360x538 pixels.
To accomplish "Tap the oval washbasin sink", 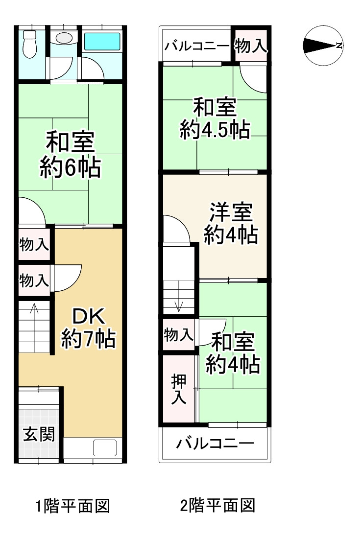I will (x=62, y=38).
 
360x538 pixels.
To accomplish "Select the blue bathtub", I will (x=102, y=41).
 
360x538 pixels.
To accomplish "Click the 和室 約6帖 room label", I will (x=71, y=155).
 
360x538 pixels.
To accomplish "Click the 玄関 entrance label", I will (x=39, y=434).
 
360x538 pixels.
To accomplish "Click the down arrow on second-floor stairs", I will (x=179, y=305).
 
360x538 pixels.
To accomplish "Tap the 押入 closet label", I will (x=178, y=389).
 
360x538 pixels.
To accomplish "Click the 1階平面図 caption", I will (x=72, y=505).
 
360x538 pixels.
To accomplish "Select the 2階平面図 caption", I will (x=217, y=505).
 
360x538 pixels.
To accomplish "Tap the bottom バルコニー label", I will (x=216, y=444).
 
